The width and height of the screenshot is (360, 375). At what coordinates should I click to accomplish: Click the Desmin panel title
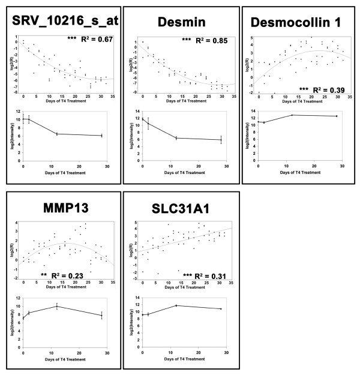click(x=179, y=23)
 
